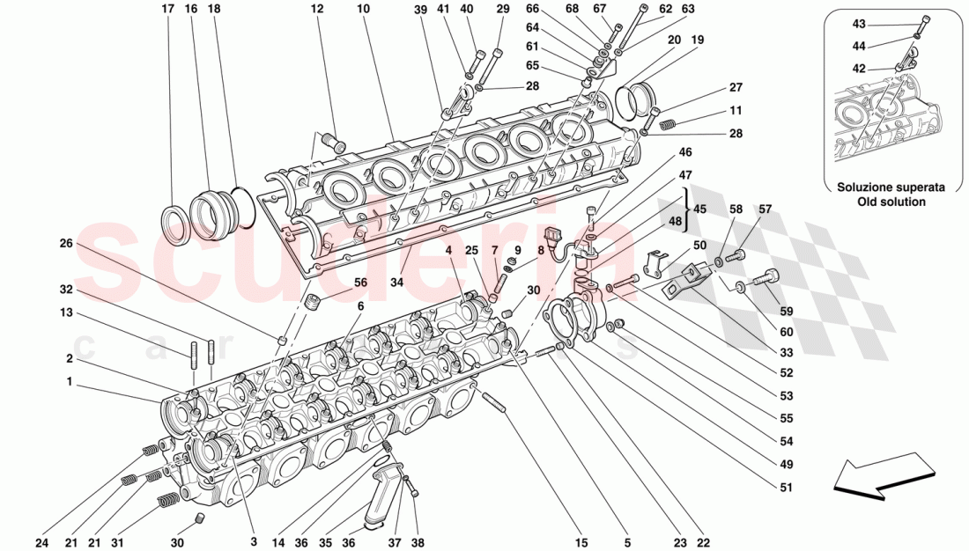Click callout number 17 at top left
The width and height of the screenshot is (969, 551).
coord(168,9)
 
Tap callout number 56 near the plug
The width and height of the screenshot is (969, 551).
coord(361,283)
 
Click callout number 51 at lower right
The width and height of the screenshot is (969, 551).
coord(786,488)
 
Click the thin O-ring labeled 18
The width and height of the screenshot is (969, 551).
coord(246,205)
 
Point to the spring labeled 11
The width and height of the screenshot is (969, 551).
coord(669,125)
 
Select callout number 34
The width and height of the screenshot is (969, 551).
coord(397,283)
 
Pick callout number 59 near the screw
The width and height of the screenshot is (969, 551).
coord(785,310)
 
